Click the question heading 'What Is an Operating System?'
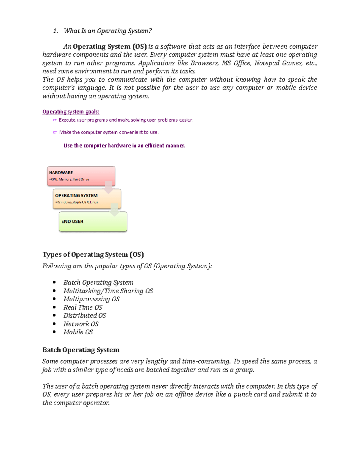coord(108,31)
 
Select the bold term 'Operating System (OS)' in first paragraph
coord(109,47)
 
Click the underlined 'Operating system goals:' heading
coord(71,112)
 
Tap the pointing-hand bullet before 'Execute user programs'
coord(55,120)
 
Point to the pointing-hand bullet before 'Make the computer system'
coord(55,132)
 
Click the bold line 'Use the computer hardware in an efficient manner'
coord(124,146)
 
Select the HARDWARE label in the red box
coord(61,173)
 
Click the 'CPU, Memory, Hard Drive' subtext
coord(69,179)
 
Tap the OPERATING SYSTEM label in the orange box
coord(76,195)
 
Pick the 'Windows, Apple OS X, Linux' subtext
coord(77,202)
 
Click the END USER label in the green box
coord(72,221)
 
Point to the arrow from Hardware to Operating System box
coord(109,188)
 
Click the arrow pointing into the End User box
coord(114,210)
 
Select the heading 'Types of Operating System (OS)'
coord(93,254)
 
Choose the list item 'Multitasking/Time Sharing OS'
coord(108,291)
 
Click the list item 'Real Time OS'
coord(82,307)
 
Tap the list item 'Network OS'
coord(81,324)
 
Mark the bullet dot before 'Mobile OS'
coord(54,332)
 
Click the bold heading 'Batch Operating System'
coord(81,350)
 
